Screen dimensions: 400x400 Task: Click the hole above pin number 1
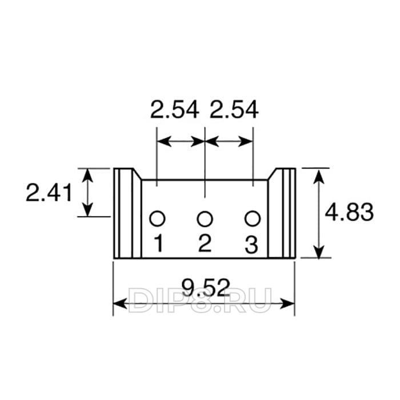click(157, 219)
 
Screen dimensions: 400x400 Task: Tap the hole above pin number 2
click(205, 219)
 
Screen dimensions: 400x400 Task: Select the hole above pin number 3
click(253, 219)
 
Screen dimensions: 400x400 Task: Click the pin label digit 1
click(159, 243)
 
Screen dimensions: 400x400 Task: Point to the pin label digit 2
click(205, 243)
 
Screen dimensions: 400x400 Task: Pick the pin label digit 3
click(251, 245)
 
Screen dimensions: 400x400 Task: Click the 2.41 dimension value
click(49, 193)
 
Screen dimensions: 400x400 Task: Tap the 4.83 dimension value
click(349, 212)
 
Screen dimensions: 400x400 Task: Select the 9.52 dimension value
click(206, 287)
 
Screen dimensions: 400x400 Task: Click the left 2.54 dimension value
click(174, 110)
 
